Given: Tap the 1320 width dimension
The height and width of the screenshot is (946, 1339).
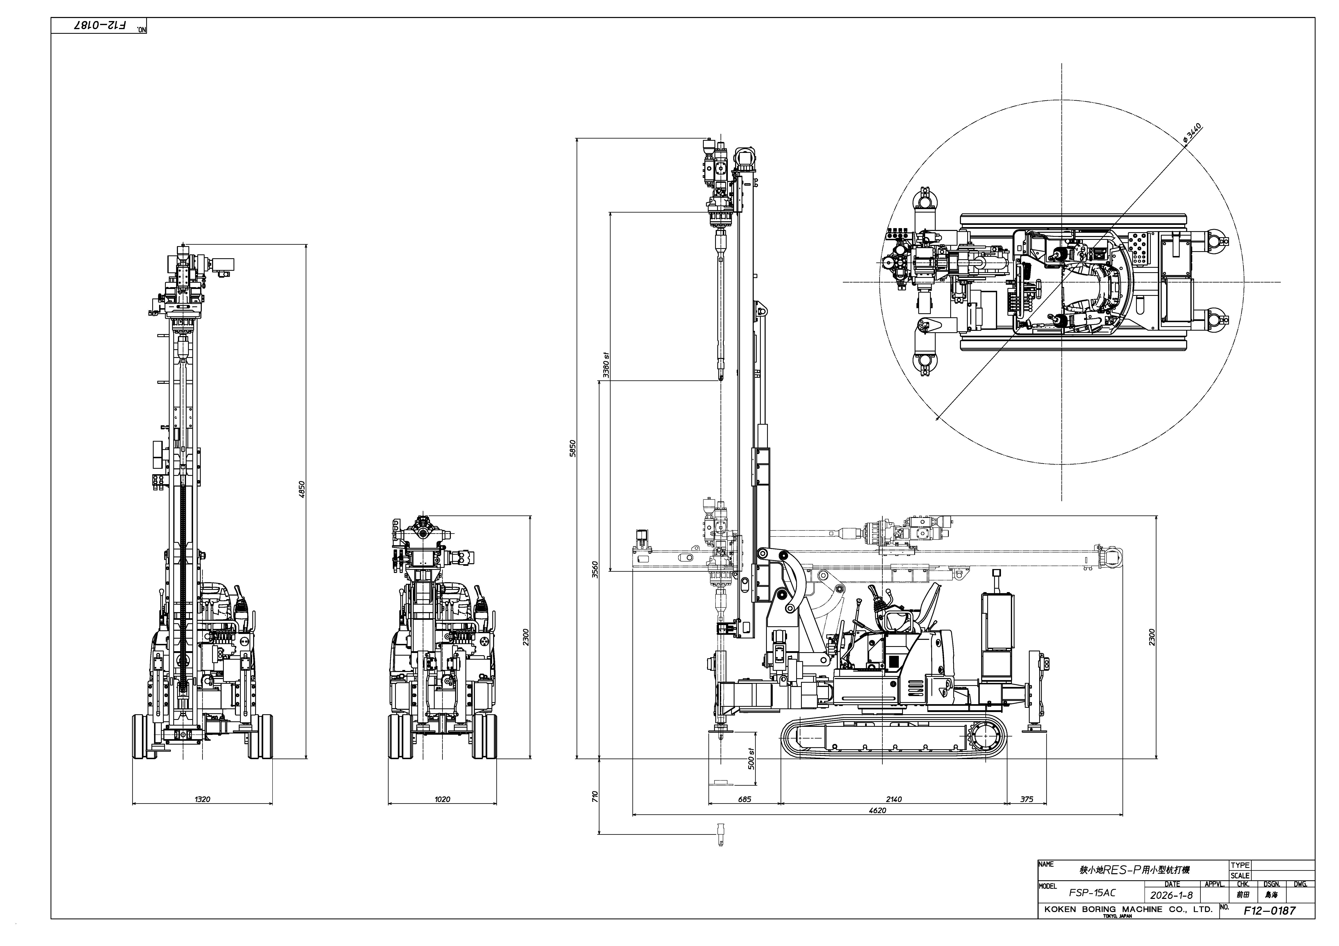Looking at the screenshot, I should [x=202, y=799].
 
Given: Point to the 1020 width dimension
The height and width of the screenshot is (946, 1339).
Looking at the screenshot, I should [x=442, y=799].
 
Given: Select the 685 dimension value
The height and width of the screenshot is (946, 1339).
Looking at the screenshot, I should [x=745, y=799].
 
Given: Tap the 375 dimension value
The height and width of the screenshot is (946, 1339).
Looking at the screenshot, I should [x=1026, y=799].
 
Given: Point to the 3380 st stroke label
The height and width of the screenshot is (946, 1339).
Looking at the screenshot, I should [x=606, y=365].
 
